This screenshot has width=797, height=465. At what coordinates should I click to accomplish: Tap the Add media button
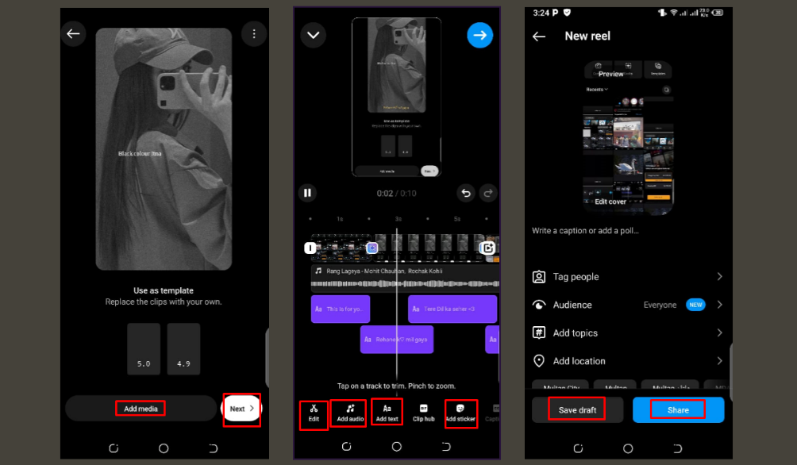pyautogui.click(x=141, y=409)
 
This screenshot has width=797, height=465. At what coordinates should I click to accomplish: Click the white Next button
pyautogui.click(x=241, y=409)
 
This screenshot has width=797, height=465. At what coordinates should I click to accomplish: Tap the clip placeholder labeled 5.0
pyautogui.click(x=144, y=348)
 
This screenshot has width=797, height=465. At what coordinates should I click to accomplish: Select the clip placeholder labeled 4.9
pyautogui.click(x=183, y=348)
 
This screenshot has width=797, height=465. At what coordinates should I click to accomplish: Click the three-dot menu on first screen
pyautogui.click(x=254, y=33)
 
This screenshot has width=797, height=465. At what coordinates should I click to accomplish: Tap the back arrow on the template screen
pyautogui.click(x=74, y=33)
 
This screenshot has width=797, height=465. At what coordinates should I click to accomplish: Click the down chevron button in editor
pyautogui.click(x=313, y=35)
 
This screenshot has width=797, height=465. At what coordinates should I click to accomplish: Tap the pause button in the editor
pyautogui.click(x=307, y=193)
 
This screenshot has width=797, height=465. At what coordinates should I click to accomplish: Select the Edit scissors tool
pyautogui.click(x=314, y=413)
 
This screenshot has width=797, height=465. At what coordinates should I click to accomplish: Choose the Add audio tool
pyautogui.click(x=350, y=413)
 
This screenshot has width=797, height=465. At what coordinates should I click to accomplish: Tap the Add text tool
pyautogui.click(x=387, y=413)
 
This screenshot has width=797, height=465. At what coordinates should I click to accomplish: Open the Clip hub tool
pyautogui.click(x=423, y=413)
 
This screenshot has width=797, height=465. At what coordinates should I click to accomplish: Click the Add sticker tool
pyautogui.click(x=460, y=413)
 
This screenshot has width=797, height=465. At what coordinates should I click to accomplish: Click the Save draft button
pyautogui.click(x=577, y=409)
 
